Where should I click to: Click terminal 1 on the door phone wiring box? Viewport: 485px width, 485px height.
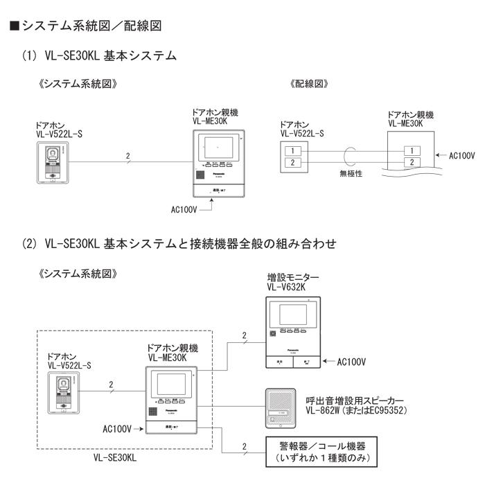pos(294,150)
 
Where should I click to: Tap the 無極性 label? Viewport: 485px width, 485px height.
pos(352,174)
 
